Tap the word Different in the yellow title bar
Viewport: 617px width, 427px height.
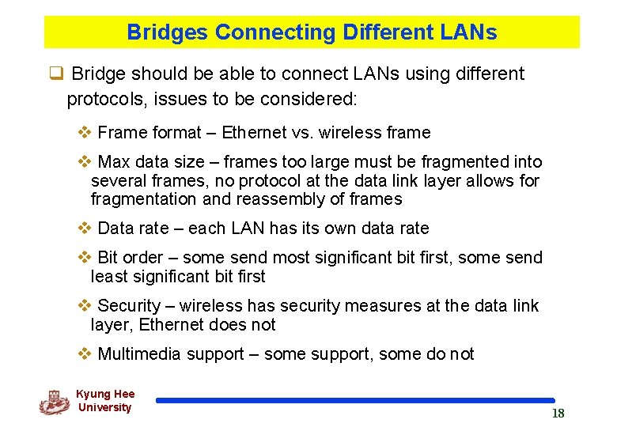(x=387, y=32)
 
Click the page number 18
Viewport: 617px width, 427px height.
(x=558, y=414)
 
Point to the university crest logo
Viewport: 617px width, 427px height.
(x=54, y=402)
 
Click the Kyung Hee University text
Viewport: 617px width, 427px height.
(x=105, y=401)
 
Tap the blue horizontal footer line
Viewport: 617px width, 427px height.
(x=355, y=401)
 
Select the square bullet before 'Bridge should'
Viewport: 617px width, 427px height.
(x=56, y=74)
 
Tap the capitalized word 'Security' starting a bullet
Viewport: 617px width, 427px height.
(x=129, y=306)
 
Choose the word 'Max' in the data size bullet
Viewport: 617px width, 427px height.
(x=114, y=162)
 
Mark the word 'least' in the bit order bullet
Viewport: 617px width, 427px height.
(x=109, y=277)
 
